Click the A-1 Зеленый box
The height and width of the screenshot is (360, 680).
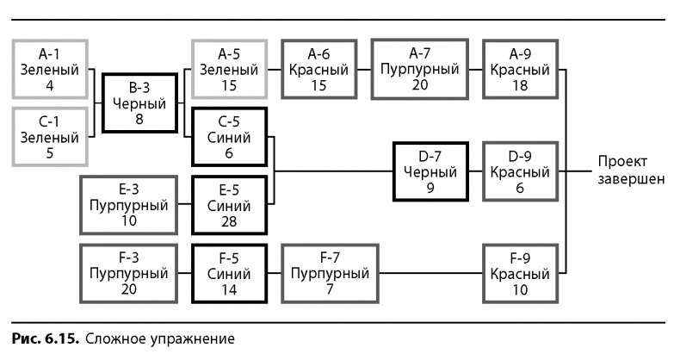(50, 69)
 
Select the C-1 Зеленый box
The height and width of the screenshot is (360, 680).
(50, 136)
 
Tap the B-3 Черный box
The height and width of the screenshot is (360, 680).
(139, 102)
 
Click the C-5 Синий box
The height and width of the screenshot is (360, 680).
(229, 136)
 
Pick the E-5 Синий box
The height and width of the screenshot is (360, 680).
(229, 204)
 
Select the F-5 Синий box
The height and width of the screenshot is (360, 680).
(229, 272)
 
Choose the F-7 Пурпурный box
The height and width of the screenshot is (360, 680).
(330, 272)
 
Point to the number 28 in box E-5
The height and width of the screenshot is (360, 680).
(229, 222)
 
